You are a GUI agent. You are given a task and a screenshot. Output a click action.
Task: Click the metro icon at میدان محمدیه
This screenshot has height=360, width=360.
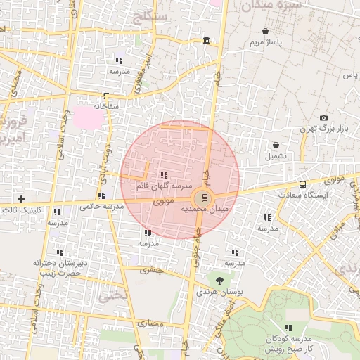click(204, 197)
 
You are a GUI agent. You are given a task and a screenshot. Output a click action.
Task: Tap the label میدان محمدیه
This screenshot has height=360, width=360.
click(203, 210)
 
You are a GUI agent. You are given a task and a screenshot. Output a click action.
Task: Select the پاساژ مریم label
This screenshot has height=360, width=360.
click(265, 44)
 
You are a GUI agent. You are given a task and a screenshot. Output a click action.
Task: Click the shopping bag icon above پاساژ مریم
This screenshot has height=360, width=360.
click(265, 31)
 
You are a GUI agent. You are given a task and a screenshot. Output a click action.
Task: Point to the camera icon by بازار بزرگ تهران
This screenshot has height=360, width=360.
click(323, 117)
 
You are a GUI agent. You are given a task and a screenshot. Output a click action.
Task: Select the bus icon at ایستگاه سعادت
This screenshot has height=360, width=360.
click(302, 184)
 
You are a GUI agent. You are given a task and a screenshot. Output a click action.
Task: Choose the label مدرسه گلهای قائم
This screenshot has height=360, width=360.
click(164, 186)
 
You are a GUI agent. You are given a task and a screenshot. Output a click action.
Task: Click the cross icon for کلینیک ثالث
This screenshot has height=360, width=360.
click(21, 199)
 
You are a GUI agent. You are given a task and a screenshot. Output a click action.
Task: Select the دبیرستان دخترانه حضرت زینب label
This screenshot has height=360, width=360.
click(59, 268)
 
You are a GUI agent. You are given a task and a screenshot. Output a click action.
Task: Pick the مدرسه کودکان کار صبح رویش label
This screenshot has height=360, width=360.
click(289, 344)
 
